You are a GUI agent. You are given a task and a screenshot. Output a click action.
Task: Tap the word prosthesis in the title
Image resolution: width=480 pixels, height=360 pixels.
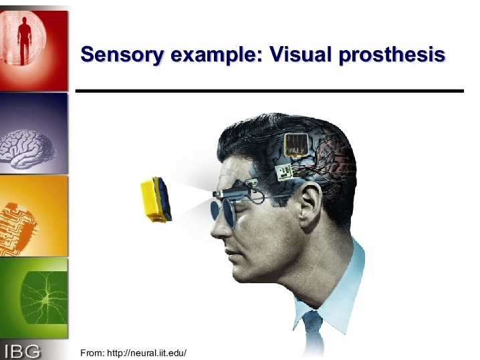(392, 55)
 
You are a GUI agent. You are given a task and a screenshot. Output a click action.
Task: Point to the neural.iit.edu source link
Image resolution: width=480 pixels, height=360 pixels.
(146, 353)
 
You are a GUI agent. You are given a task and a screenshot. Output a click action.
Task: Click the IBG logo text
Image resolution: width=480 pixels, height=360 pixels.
(22, 351)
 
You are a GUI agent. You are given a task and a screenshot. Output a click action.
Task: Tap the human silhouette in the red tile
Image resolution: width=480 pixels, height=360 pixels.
(25, 41)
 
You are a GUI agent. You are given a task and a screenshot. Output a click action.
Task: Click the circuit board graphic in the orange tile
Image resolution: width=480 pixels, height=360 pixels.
(18, 228)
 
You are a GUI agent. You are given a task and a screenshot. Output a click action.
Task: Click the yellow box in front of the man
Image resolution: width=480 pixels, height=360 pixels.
(156, 200)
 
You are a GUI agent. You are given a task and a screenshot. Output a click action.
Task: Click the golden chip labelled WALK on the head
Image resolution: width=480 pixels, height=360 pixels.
(295, 145)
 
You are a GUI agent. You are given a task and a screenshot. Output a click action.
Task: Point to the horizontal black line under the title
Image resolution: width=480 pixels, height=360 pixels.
(269, 91)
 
